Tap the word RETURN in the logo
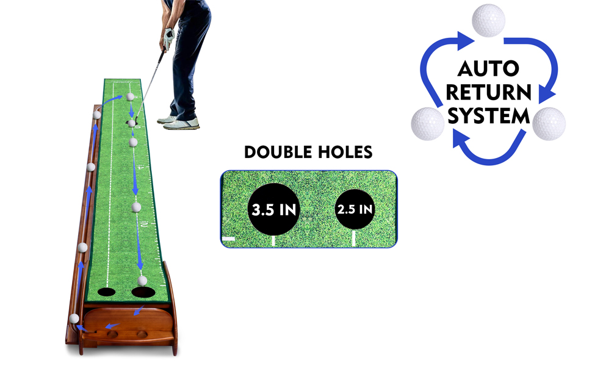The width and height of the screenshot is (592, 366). tap(488, 93)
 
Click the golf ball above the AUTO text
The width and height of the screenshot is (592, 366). tap(488, 20)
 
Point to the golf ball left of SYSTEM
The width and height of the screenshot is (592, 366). tap(427, 123)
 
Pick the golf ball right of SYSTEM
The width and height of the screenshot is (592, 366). tap(549, 123)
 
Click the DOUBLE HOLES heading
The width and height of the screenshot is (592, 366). tap(308, 152)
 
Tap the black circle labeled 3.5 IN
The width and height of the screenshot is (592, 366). tap(274, 209)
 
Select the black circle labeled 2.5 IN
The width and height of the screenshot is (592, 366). tap(355, 209)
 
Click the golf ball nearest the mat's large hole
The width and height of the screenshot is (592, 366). tap(143, 280)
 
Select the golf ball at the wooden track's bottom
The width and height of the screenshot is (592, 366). tap(74, 318)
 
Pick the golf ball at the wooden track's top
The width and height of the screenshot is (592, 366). tap(96, 115)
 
